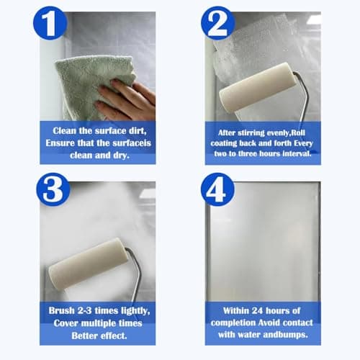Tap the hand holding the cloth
tap(130, 101)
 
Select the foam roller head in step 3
tap(86, 263)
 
